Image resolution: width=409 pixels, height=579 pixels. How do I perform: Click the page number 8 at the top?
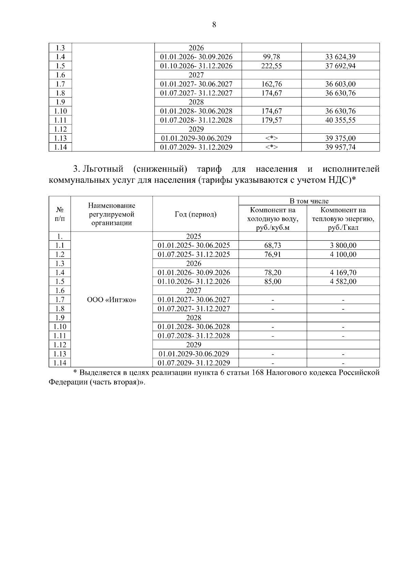[x=214, y=25]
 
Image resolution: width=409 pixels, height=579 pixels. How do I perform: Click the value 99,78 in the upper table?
[x=271, y=57]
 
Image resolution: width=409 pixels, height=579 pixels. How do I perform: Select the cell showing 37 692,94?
[x=340, y=66]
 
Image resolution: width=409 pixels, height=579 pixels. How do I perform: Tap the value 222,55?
[x=271, y=66]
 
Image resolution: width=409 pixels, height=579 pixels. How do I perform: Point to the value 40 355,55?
[x=340, y=120]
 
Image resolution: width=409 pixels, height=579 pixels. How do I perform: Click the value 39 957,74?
[x=340, y=147]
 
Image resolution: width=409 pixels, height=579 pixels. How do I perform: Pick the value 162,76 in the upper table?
[x=271, y=84]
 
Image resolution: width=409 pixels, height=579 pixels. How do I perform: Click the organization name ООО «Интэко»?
[x=111, y=300]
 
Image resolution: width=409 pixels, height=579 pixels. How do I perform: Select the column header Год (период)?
[x=195, y=214]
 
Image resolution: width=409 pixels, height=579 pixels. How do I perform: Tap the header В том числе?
[x=309, y=201]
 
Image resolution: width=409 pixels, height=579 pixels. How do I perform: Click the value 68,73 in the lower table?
[x=272, y=246]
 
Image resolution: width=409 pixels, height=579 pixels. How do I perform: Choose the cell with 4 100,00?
[x=343, y=254]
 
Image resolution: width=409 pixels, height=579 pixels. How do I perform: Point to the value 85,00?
[x=272, y=282]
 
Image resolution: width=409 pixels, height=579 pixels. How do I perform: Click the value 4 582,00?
[x=343, y=282]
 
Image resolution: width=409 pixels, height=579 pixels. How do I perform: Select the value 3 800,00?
[x=343, y=246]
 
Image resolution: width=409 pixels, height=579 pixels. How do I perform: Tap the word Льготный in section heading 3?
[x=103, y=169]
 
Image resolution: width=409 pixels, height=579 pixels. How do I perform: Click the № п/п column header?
[x=60, y=214]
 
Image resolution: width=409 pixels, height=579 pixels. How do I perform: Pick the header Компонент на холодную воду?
[x=272, y=219]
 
